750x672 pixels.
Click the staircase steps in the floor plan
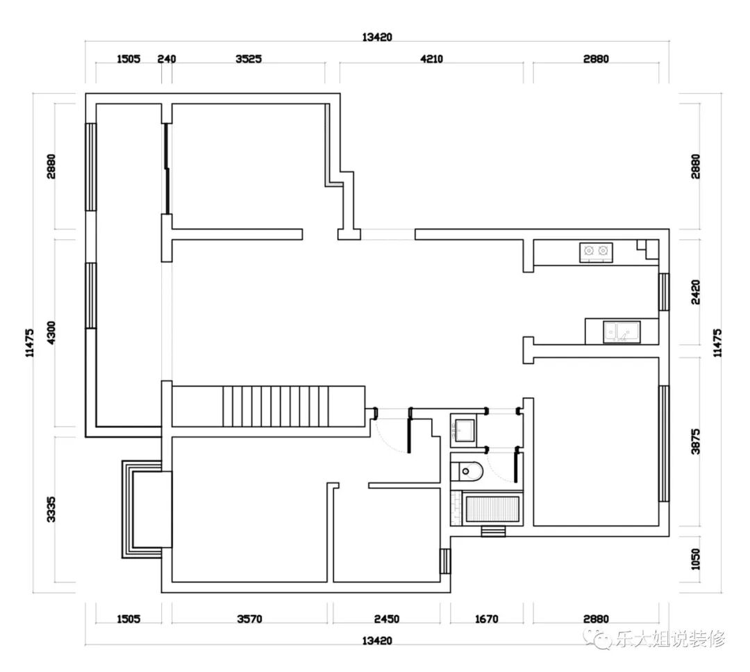click(x=276, y=406)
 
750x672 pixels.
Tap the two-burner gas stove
click(x=596, y=253)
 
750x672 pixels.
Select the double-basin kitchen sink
click(x=622, y=331)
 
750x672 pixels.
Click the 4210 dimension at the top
click(x=431, y=59)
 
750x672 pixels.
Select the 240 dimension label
click(x=167, y=59)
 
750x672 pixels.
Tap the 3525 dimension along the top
click(x=249, y=59)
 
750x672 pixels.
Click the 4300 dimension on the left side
click(x=51, y=331)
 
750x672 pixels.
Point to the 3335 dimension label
click(x=51, y=509)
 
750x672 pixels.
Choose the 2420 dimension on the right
click(x=695, y=292)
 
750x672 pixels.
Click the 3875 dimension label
click(x=695, y=441)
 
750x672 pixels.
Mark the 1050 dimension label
click(x=695, y=559)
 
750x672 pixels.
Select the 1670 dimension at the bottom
click(x=486, y=619)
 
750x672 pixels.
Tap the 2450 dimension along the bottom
click(x=387, y=619)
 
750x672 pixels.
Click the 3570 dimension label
click(x=249, y=619)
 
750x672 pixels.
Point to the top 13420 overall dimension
click(x=377, y=37)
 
